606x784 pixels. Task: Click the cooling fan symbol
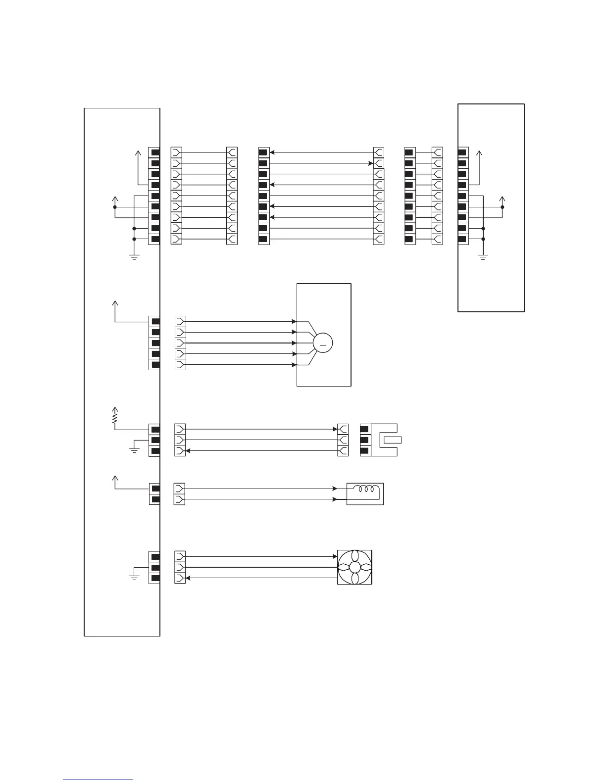[354, 567]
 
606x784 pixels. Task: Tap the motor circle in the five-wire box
[323, 343]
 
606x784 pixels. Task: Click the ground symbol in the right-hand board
[483, 256]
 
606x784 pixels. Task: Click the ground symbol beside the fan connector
[134, 577]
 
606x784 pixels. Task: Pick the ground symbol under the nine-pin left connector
[134, 256]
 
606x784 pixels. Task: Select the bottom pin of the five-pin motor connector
[155, 365]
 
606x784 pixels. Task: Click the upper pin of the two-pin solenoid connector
[155, 489]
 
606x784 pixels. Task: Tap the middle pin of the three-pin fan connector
[155, 567]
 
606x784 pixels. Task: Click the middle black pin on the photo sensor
[365, 440]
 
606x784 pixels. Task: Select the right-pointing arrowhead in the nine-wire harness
[370, 163]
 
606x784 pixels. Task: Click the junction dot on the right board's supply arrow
[503, 207]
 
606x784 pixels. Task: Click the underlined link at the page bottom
[98, 780]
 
